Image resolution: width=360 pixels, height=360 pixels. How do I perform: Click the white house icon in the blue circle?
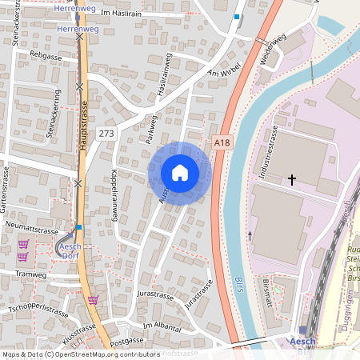[x=180, y=172]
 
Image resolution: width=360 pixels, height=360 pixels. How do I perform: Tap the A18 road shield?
[x=222, y=142]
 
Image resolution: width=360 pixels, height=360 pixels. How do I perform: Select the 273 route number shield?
[x=106, y=132]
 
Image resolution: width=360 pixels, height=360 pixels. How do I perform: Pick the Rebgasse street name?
[x=46, y=56]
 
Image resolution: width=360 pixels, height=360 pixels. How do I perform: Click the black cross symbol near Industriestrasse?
[x=291, y=180]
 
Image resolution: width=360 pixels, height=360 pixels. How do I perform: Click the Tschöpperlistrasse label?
[x=38, y=309]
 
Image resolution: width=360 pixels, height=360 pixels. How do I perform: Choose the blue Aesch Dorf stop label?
[x=75, y=252]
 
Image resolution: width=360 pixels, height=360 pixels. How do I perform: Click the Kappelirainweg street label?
[x=116, y=195]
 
